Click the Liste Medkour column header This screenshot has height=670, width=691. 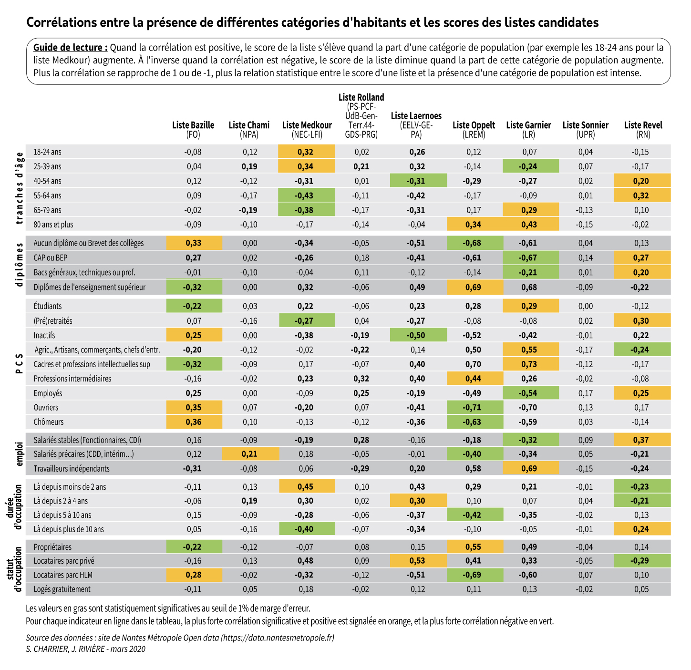click(307, 129)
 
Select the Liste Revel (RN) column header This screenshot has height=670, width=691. click(643, 129)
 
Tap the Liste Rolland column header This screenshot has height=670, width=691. click(361, 116)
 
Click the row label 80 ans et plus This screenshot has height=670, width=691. click(53, 224)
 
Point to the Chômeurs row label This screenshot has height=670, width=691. click(49, 422)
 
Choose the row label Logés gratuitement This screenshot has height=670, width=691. click(62, 589)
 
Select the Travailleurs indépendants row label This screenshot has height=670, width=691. click(72, 469)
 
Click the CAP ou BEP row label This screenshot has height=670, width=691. click(51, 258)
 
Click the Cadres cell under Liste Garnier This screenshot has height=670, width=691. click(529, 364)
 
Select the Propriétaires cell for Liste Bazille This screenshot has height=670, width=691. click(193, 547)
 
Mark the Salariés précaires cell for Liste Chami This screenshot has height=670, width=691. click(249, 454)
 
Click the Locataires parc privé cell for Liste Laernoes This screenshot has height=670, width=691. click(417, 561)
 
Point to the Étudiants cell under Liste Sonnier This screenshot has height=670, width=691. click(585, 306)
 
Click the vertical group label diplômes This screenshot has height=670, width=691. click(20, 265)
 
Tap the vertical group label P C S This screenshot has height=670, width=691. click(20, 363)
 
